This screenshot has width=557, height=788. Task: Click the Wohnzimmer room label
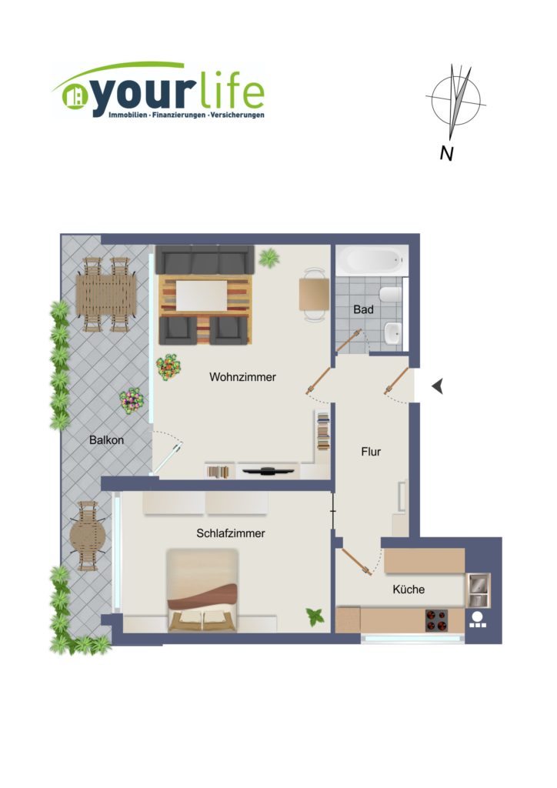click(x=242, y=377)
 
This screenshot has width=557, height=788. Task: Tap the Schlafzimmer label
click(x=231, y=533)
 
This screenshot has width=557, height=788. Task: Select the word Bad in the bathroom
click(x=363, y=309)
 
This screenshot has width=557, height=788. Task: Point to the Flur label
click(x=371, y=452)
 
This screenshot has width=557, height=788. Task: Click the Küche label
click(x=409, y=589)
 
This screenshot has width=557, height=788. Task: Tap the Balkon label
click(x=106, y=440)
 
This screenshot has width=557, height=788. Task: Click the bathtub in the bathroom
click(x=372, y=260)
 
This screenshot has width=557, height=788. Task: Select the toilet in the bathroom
click(x=391, y=295)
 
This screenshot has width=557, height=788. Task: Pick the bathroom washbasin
click(x=393, y=333)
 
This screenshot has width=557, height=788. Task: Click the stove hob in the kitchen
click(x=436, y=621)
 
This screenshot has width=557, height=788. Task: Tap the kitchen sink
click(x=478, y=589)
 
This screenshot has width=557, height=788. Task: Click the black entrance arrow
click(x=438, y=386)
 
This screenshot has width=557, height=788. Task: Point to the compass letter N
click(x=446, y=153)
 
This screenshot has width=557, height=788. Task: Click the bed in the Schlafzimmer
click(x=202, y=590)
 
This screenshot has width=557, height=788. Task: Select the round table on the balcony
click(x=88, y=536)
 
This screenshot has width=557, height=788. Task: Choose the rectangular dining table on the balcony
click(x=106, y=295)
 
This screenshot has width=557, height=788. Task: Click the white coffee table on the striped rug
click(x=202, y=296)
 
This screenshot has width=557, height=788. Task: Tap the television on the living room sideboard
click(x=268, y=471)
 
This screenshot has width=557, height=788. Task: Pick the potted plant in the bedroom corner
click(x=315, y=616)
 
